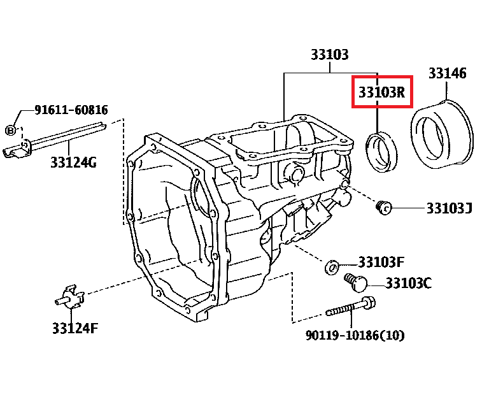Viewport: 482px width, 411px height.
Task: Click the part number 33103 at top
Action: (x=330, y=54)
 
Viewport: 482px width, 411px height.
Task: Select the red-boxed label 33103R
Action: (x=382, y=92)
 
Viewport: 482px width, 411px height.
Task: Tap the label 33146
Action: (x=447, y=73)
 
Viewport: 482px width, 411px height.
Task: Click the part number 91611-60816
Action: (x=71, y=110)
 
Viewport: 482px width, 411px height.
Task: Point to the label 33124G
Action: (x=73, y=162)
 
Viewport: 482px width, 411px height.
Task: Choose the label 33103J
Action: (x=449, y=208)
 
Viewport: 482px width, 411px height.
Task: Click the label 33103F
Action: (x=381, y=262)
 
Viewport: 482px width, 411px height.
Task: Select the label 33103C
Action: (x=409, y=283)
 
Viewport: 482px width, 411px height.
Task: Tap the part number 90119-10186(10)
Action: (x=355, y=335)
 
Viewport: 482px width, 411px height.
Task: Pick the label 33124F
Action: (x=75, y=328)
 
